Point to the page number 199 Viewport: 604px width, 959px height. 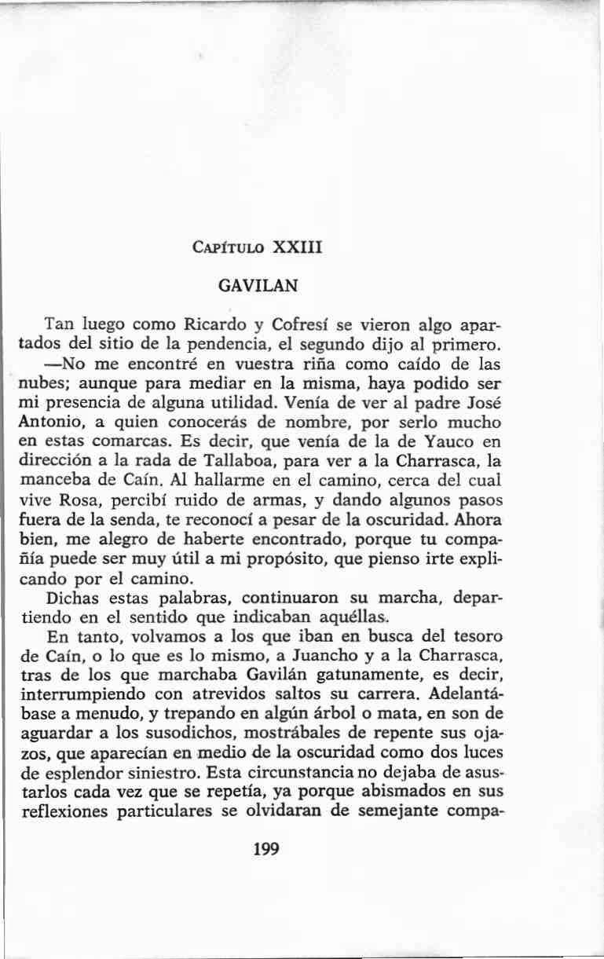pyautogui.click(x=268, y=848)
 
